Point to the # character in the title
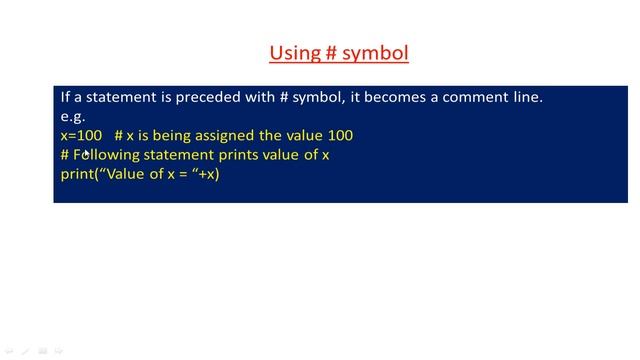pos(329,53)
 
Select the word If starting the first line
pos(65,97)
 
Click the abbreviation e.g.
pos(72,116)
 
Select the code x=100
pos(81,135)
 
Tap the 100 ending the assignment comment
pos(340,135)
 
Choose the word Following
pos(104,155)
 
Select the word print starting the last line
pos(75,174)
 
